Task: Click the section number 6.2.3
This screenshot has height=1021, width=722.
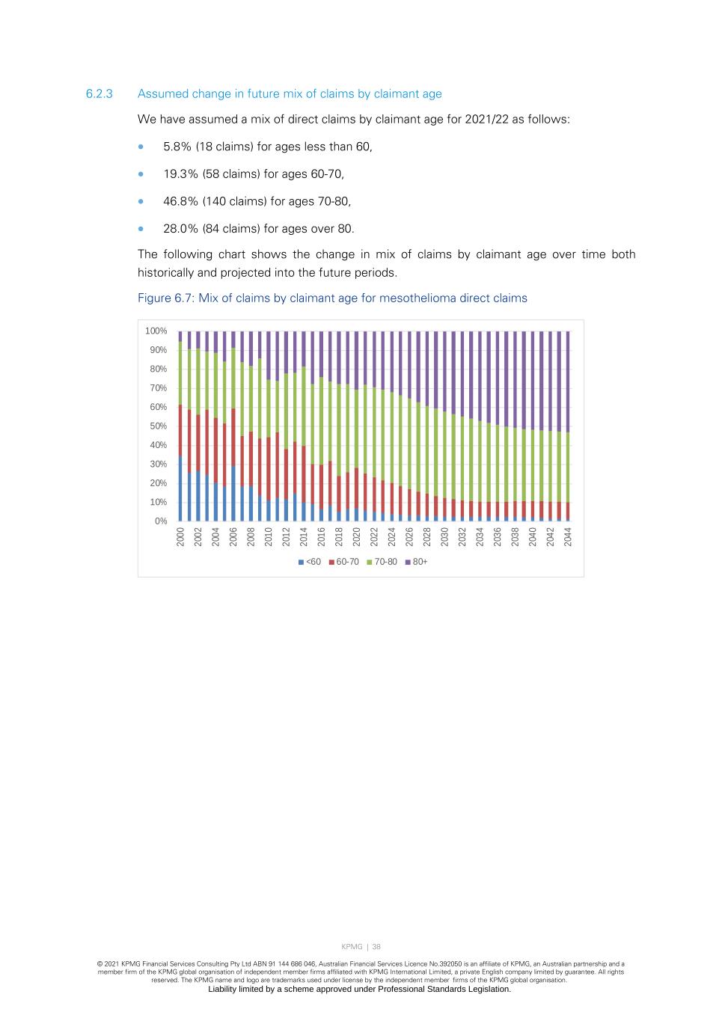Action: point(99,94)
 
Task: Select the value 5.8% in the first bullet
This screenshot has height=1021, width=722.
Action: point(177,147)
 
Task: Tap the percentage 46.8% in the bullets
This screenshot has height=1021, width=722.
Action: point(180,201)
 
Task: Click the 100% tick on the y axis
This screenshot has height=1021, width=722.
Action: point(156,331)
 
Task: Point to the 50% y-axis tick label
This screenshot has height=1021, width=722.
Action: point(158,426)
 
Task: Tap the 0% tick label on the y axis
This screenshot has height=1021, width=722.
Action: point(161,521)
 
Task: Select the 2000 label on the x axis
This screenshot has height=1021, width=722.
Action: point(181,536)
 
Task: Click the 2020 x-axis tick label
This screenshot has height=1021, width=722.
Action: point(357,536)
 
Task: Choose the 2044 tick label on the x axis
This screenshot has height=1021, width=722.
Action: point(568,536)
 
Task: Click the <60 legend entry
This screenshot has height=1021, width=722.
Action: point(310,562)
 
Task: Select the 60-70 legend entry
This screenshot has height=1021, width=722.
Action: point(343,562)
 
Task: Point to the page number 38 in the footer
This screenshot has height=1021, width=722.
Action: point(376,947)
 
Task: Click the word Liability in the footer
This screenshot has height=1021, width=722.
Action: point(225,989)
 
